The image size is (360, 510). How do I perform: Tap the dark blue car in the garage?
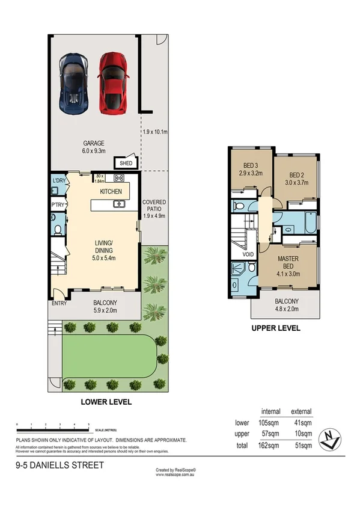point(74,83)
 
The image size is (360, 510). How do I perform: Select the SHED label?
point(126,163)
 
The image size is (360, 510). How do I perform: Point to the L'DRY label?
point(59,181)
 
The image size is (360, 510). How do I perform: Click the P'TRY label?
point(59,204)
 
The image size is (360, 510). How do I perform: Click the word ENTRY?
point(58,303)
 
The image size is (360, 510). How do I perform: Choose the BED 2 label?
point(293,171)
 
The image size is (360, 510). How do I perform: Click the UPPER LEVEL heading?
point(276,329)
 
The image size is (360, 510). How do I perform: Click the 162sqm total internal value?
point(270,446)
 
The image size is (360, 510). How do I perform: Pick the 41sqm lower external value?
point(301,423)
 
